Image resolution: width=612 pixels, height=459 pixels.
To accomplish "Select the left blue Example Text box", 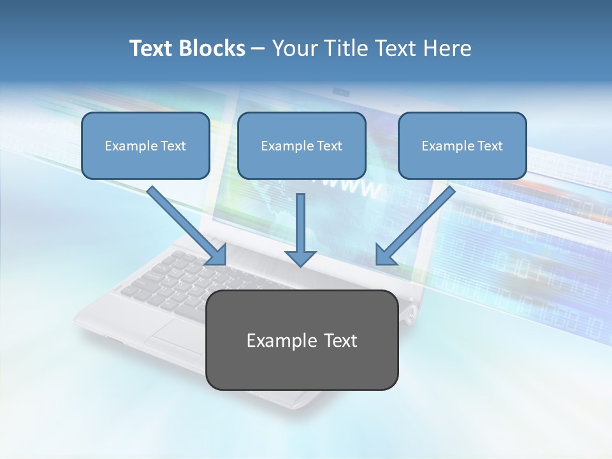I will click(x=145, y=145).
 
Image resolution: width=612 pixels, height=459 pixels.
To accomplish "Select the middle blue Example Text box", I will click(x=302, y=145).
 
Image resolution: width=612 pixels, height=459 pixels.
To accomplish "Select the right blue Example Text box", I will click(x=462, y=145).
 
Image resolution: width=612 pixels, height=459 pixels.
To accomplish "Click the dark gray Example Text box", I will click(x=302, y=340).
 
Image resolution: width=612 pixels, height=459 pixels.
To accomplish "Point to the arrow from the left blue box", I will click(x=185, y=223).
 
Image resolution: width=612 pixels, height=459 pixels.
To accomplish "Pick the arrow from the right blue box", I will click(x=418, y=223).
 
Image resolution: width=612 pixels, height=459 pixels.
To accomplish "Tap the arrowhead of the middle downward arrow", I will click(x=300, y=258).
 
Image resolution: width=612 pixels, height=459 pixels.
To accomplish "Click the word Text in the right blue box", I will click(x=490, y=146).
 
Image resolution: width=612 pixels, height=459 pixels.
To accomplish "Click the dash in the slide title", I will click(x=258, y=49).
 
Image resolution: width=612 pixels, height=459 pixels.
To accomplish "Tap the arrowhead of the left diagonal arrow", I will click(x=217, y=254).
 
